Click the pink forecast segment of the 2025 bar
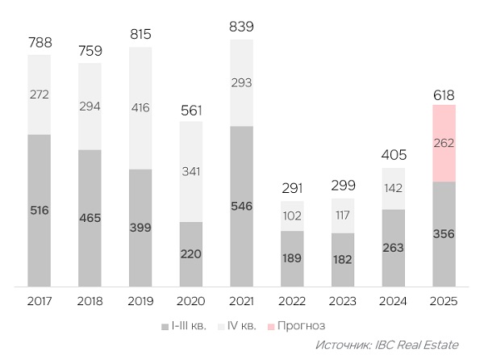pos(444,144)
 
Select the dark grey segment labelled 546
pos(241,206)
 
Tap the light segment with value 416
pos(140,107)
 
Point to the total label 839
pos(241,27)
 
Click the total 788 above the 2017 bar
pos(39,41)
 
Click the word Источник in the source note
pos(344,345)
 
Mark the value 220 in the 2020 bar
pos(190,253)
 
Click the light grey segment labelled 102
pos(292,216)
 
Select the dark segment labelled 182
pos(343,259)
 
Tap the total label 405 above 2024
pos(394,154)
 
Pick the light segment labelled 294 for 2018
pos(90,106)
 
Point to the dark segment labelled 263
pos(394,247)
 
